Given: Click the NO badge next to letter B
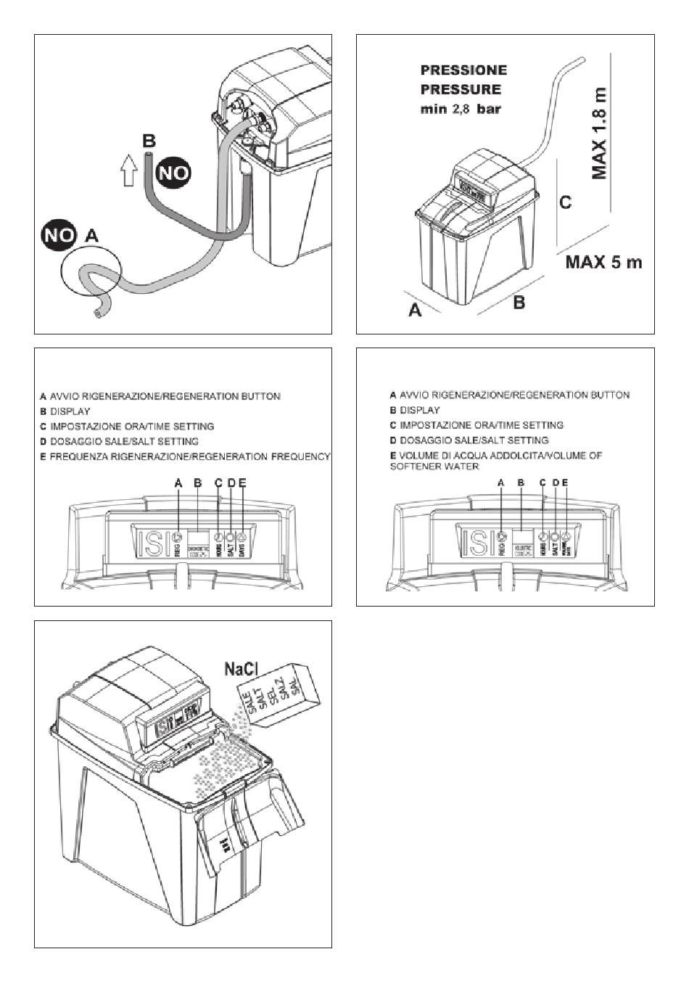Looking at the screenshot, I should coord(173,172).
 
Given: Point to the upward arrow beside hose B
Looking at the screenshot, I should coord(129,173).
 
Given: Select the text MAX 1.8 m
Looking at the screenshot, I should coord(600,134).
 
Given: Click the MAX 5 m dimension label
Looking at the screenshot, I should coord(603,262).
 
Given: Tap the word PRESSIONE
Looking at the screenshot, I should coord(463,70).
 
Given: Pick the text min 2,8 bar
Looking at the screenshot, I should coord(461,110).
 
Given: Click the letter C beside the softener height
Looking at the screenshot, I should coord(566,202).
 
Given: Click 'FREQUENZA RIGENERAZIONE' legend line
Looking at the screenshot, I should coord(185,456).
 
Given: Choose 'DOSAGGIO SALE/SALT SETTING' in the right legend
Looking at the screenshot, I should coord(469,440).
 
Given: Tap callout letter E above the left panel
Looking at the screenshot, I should coord(242,482).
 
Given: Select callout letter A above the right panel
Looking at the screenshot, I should coord(500,482).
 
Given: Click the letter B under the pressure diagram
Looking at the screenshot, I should coord(519,303).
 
